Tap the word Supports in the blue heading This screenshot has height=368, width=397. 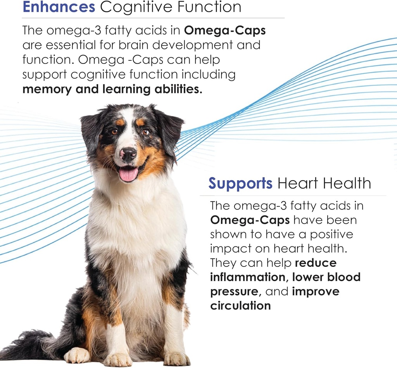(x=240, y=183)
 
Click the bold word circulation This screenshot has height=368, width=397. (x=240, y=306)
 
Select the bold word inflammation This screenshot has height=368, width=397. (x=248, y=277)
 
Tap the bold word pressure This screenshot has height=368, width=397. (x=234, y=291)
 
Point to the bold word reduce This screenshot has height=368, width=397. (x=316, y=263)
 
